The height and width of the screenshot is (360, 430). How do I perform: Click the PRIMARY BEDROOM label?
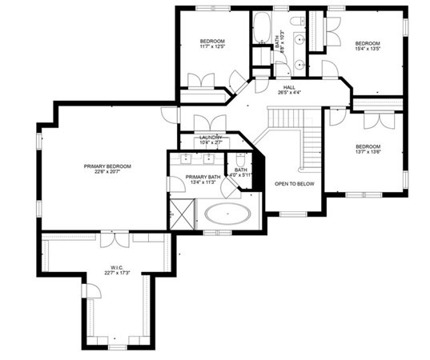[107, 166]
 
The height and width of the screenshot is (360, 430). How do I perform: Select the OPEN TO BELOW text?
[294, 183]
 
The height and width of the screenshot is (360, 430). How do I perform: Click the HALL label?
[289, 88]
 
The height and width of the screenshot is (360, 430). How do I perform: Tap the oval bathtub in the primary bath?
[227, 214]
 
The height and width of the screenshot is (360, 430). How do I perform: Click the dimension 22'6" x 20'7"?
[107, 173]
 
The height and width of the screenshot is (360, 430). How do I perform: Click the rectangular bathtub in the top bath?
[263, 30]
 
